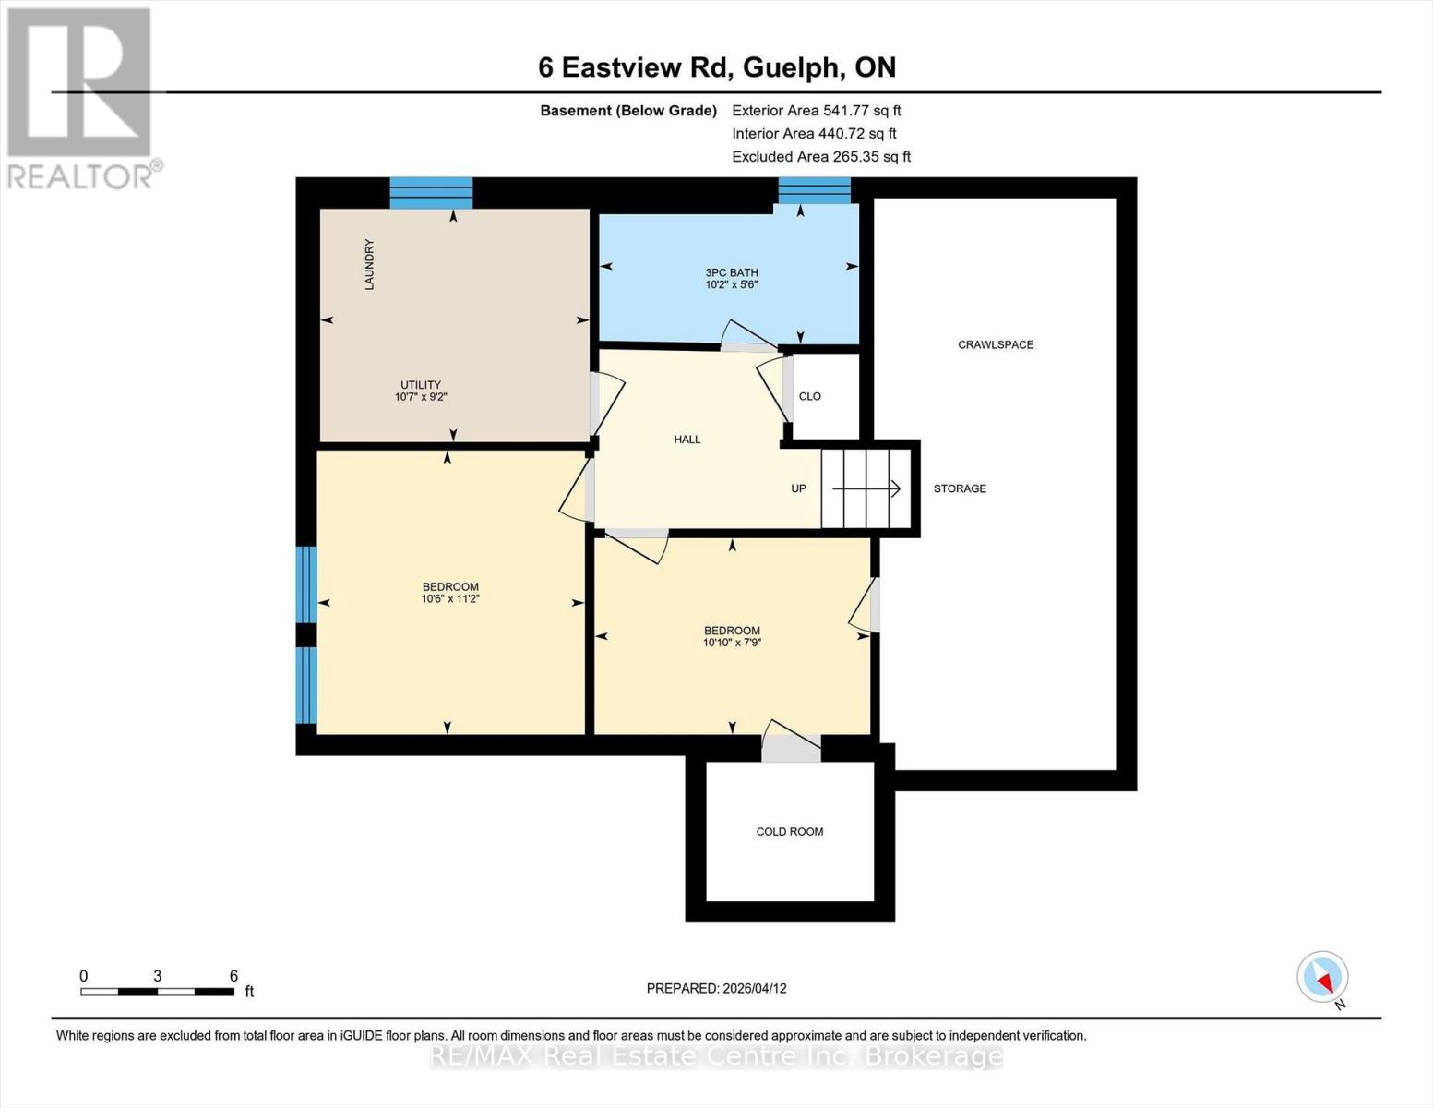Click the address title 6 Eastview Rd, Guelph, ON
(x=717, y=67)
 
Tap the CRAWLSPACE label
(x=995, y=344)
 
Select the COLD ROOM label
(x=789, y=831)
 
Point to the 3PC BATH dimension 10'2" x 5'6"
(x=731, y=285)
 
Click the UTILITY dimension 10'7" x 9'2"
(x=421, y=397)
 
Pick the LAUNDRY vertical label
(x=369, y=265)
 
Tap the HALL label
(x=687, y=440)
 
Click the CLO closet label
(x=809, y=396)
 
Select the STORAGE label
(x=960, y=488)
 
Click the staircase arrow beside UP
(x=866, y=488)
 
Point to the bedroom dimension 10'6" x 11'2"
(x=450, y=599)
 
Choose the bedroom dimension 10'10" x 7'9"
(x=732, y=643)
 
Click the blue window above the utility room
(x=431, y=193)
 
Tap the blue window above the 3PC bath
(x=814, y=190)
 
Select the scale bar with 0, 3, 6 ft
(x=157, y=992)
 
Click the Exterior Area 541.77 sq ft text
(x=816, y=110)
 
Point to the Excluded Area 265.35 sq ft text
(x=820, y=157)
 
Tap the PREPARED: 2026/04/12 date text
(x=716, y=988)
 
